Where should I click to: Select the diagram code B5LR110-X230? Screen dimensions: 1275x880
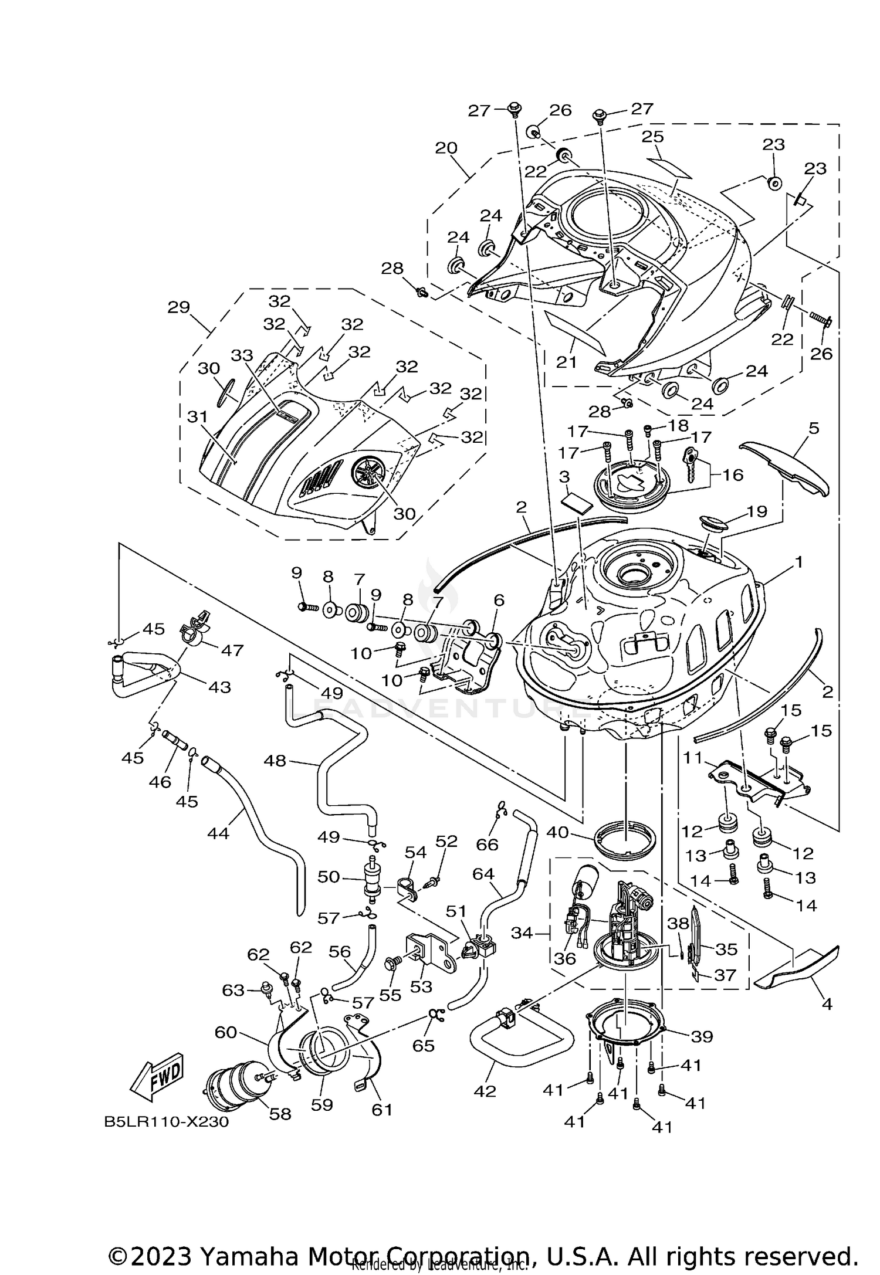pos(166,1122)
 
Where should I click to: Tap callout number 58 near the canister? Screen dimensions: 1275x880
pos(280,1114)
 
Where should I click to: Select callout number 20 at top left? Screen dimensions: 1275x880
pos(446,147)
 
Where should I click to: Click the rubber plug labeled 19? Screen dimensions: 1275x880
pos(712,522)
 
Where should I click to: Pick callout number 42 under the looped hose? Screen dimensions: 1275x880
pos(485,1091)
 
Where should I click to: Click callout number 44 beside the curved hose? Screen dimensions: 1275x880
pos(218,832)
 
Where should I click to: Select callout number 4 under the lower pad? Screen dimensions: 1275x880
pos(827,1004)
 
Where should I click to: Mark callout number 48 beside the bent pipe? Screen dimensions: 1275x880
pos(275,761)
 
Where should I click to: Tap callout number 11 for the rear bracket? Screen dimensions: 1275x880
pos(692,758)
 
